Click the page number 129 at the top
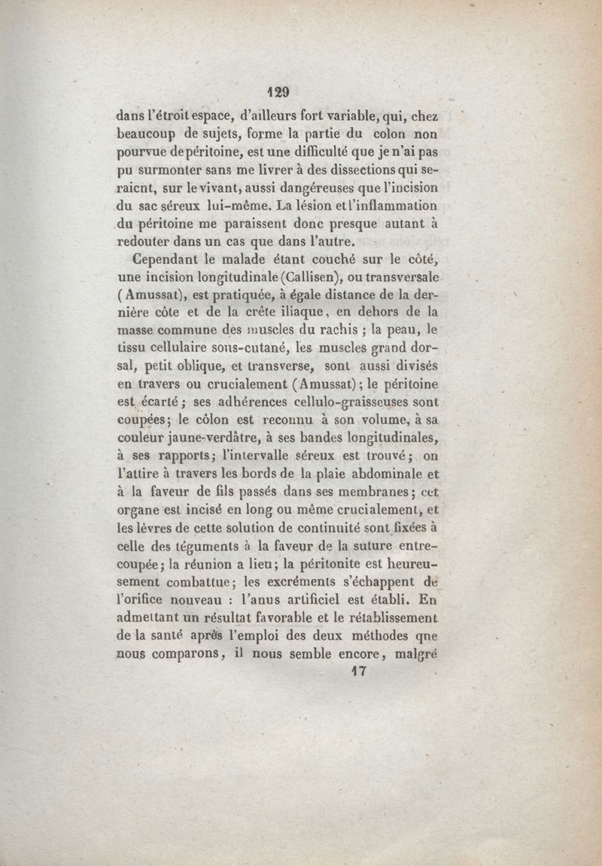(x=278, y=92)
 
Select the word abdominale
(x=381, y=474)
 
